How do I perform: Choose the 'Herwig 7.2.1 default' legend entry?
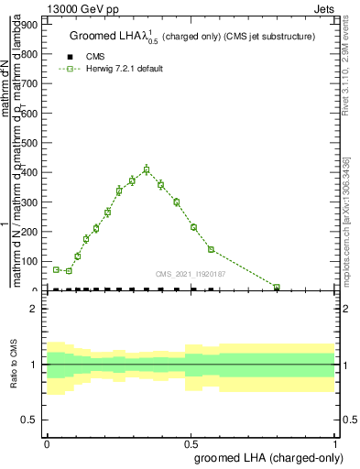pos(110,69)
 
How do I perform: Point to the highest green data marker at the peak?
pos(147,169)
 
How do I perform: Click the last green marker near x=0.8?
pos(277,288)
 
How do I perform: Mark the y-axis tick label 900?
pos(32,25)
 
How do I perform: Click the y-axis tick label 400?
pos(32,172)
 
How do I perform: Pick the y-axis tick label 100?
pos(32,261)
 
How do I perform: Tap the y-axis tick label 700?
pos(32,84)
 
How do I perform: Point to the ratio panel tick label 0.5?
pos(31,420)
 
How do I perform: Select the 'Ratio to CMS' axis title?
pos(14,365)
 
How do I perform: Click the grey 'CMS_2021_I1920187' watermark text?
pos(191,273)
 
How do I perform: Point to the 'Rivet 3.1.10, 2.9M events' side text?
pos(350,73)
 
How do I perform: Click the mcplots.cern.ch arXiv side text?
pos(350,215)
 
